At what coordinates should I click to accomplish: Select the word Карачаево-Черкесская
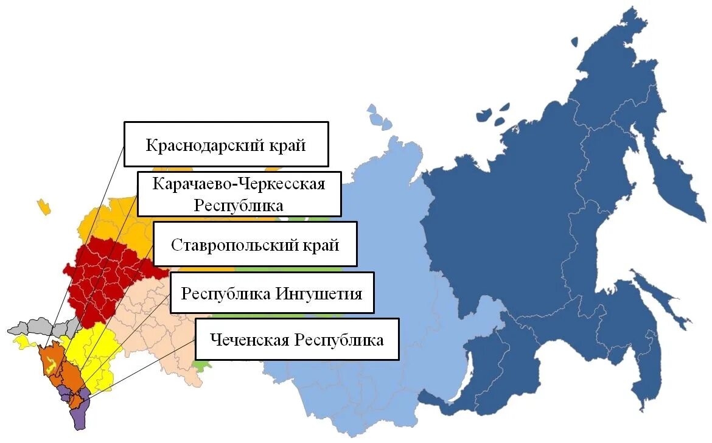(x=239, y=184)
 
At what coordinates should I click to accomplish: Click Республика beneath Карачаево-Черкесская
(x=239, y=204)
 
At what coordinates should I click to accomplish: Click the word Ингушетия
(x=319, y=294)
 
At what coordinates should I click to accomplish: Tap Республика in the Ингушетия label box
(x=226, y=294)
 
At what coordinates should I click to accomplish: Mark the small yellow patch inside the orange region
(x=52, y=365)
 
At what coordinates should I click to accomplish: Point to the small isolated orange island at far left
(x=43, y=206)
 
